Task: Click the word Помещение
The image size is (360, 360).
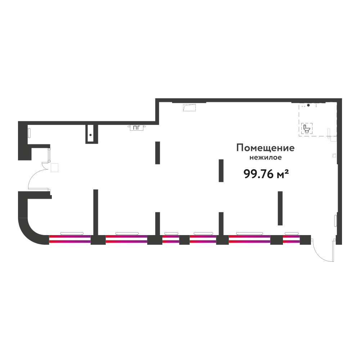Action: click(265, 148)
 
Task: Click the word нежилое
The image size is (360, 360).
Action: click(266, 158)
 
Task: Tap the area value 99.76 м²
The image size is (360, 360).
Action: click(266, 174)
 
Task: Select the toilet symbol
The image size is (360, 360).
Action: click(307, 129)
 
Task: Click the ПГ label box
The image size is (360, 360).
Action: click(136, 128)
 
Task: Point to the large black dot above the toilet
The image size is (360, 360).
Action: click(309, 105)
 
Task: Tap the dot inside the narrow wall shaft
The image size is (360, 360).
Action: click(91, 135)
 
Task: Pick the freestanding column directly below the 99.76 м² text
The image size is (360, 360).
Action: click(280, 208)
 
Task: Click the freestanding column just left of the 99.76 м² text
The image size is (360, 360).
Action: click(221, 171)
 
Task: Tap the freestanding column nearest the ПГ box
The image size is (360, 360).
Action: click(158, 153)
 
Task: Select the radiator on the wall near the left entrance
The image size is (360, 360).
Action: click(29, 133)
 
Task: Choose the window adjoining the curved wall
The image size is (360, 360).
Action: click(70, 239)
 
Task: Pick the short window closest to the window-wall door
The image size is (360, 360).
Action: click(291, 239)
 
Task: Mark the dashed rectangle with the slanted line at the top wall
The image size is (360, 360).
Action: click(189, 107)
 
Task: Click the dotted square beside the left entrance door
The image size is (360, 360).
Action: click(54, 168)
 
